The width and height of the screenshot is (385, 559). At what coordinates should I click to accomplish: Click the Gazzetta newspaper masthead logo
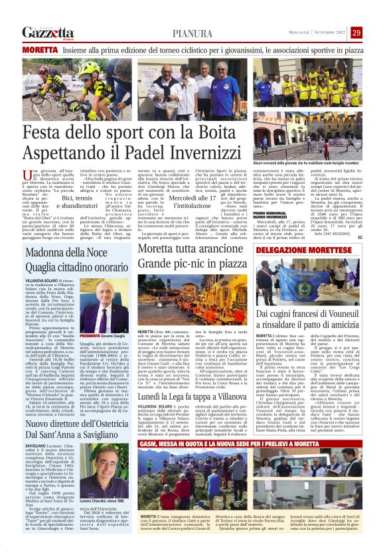pyautogui.click(x=47, y=33)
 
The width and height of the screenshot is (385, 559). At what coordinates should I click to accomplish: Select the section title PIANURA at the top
pyautogui.click(x=193, y=33)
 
